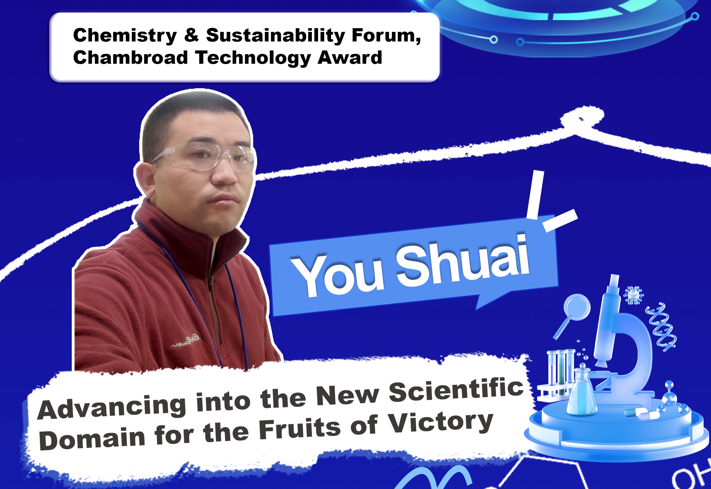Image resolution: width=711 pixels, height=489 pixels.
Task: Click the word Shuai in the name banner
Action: (x=463, y=260)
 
